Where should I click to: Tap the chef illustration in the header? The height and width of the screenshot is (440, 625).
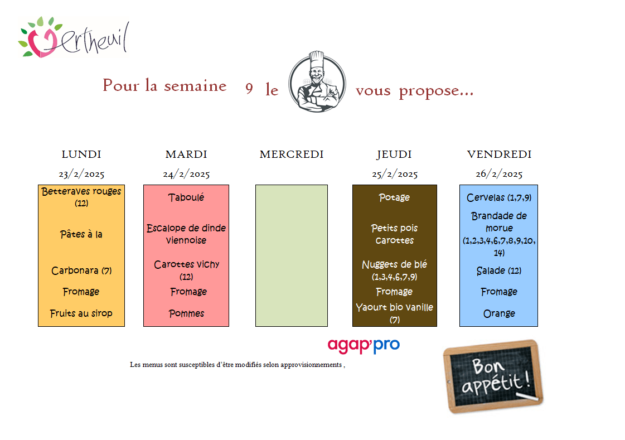[316, 82]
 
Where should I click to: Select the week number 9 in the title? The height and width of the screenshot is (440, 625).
[249, 89]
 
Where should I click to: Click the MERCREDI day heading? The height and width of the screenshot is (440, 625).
[291, 154]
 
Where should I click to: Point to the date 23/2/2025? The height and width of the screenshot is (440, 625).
[81, 174]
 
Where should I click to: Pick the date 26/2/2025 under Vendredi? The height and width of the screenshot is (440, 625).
[499, 174]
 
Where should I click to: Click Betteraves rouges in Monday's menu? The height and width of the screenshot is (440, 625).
[81, 192]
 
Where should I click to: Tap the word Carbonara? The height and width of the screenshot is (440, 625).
[75, 271]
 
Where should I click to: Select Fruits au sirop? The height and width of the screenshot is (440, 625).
[81, 313]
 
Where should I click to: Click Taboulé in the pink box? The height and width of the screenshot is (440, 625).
[186, 197]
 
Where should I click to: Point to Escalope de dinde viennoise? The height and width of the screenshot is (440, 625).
[186, 234]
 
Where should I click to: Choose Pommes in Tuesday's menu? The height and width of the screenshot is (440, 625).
[186, 313]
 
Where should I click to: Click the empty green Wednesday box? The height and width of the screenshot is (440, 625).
[291, 255]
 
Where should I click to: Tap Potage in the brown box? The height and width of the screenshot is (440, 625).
[394, 197]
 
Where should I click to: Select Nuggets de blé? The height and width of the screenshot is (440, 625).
[394, 265]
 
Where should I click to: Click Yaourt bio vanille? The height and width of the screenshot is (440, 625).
[394, 307]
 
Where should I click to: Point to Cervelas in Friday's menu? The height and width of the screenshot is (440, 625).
[486, 198]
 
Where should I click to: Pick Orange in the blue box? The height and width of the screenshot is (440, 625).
[499, 313]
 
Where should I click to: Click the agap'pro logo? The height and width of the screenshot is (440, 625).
[364, 345]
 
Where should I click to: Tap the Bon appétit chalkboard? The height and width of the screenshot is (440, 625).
[492, 376]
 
